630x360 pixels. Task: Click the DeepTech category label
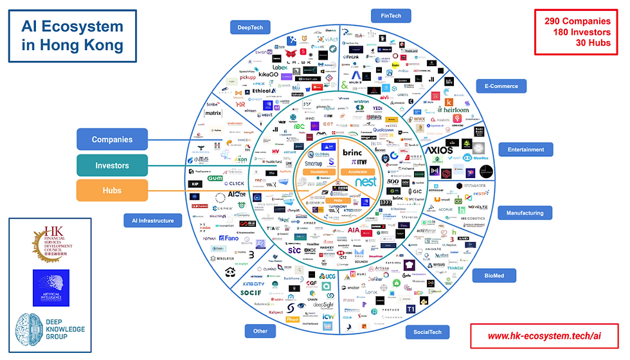click(251, 27)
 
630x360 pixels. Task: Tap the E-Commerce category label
click(501, 85)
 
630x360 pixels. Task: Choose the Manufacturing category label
click(525, 213)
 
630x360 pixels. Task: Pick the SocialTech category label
click(426, 332)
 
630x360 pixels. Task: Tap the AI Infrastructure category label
click(153, 221)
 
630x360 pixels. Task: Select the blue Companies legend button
click(112, 139)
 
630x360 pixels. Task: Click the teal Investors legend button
click(112, 165)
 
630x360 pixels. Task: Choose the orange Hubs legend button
click(112, 191)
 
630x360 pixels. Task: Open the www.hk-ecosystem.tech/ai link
click(544, 336)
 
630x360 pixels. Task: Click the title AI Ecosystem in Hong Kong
click(72, 36)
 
